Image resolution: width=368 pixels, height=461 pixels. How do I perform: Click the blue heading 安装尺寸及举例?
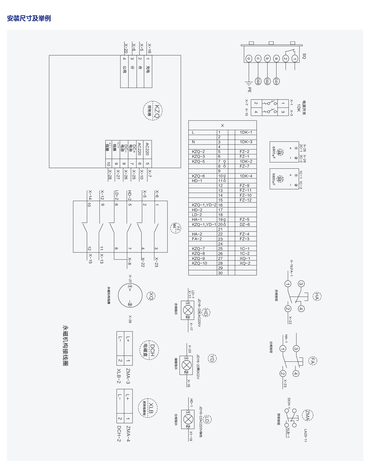tap(29, 18)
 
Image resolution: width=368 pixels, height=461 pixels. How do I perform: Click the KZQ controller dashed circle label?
tap(153, 111)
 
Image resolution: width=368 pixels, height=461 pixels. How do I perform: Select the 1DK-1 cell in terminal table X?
tap(246, 132)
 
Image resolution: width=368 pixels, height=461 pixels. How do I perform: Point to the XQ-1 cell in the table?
tap(245, 258)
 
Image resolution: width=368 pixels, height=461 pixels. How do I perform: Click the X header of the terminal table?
tap(222, 125)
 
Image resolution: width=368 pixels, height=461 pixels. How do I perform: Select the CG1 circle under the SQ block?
tap(276, 81)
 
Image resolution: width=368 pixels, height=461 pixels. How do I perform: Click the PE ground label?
tap(249, 89)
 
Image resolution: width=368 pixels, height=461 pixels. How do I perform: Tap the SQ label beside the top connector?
tap(304, 56)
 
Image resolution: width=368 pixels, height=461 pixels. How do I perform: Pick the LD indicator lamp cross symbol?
tap(188, 419)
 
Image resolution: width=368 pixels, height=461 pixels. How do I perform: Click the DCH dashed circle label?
tap(149, 350)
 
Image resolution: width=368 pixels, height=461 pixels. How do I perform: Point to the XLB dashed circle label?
tap(148, 408)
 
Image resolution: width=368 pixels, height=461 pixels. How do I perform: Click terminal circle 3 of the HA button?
tap(301, 284)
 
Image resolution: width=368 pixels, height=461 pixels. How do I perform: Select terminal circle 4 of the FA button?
tap(296, 374)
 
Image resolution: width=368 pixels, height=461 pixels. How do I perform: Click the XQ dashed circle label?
tap(151, 296)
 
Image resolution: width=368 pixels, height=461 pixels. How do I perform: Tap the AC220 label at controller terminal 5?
tap(147, 149)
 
